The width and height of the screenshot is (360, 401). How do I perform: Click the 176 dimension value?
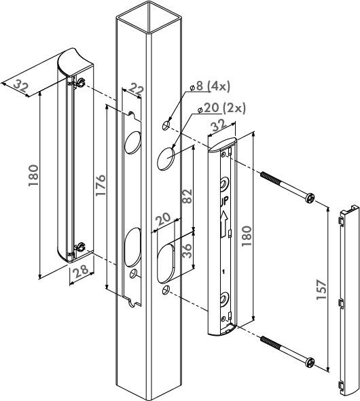pyautogui.click(x=101, y=186)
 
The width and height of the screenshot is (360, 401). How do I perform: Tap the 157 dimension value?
pyautogui.click(x=321, y=290)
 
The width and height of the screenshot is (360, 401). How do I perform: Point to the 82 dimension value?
pyautogui.click(x=187, y=196)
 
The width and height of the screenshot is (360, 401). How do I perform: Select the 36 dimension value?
pyautogui.click(x=187, y=251)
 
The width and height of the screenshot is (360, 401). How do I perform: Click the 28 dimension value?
pyautogui.click(x=82, y=271)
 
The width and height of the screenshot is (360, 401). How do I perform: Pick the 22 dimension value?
pyautogui.click(x=135, y=89)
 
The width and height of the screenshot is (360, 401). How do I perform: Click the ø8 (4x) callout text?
pyautogui.click(x=210, y=86)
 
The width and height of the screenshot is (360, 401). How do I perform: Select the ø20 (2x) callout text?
pyautogui.click(x=222, y=109)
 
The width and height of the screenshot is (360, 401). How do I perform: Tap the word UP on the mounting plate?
pyautogui.click(x=223, y=201)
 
